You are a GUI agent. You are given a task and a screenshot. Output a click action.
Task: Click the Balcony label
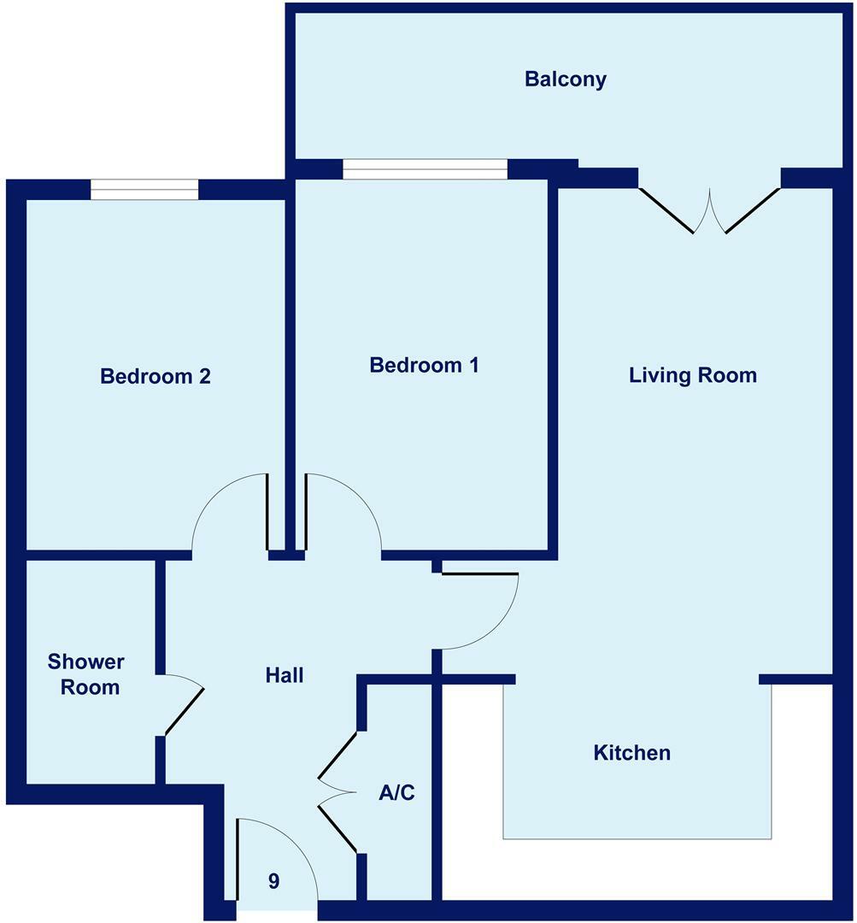(566, 79)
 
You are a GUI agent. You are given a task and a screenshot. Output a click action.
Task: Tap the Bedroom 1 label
(424, 365)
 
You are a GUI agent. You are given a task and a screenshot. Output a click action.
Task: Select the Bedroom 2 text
(156, 376)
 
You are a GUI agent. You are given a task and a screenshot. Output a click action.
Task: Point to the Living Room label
(692, 375)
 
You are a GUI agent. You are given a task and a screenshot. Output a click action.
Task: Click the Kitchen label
(631, 753)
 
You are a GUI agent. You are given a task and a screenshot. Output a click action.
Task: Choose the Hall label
(285, 675)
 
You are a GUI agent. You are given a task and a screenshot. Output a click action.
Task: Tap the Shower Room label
(85, 674)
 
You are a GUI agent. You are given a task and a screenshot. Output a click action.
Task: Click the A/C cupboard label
(396, 793)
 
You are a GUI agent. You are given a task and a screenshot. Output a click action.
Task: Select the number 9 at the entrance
(273, 881)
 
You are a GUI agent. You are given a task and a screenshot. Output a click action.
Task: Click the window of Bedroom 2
(144, 189)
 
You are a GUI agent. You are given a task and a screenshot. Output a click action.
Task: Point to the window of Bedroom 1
(425, 169)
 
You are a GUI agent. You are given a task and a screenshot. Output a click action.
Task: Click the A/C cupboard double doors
(338, 793)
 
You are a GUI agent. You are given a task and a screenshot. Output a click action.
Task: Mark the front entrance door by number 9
(273, 855)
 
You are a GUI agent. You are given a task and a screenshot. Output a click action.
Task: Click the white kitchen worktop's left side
(472, 786)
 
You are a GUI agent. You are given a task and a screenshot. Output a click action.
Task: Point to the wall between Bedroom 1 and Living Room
(553, 367)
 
